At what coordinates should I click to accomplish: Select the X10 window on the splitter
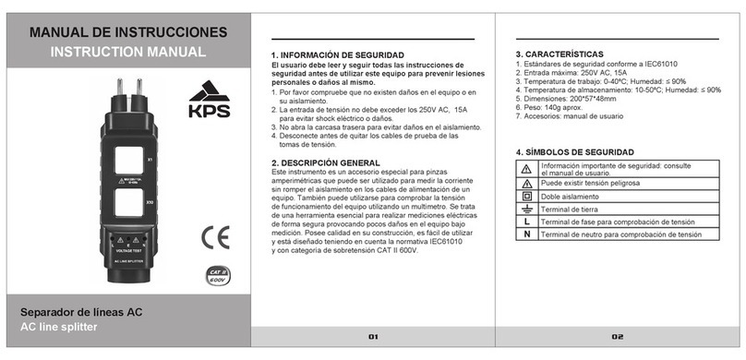[126, 200]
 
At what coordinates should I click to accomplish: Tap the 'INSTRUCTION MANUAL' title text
[127, 53]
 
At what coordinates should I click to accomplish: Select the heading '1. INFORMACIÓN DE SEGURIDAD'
[341, 56]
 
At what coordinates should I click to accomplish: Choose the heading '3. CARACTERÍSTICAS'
[559, 54]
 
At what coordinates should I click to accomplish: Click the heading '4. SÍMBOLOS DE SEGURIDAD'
[574, 151]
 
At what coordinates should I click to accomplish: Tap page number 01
[373, 338]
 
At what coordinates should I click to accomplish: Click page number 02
[618, 338]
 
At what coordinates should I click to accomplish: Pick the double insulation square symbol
[526, 197]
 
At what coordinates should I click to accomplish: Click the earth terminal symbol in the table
[526, 210]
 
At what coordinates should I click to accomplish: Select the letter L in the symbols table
[526, 222]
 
